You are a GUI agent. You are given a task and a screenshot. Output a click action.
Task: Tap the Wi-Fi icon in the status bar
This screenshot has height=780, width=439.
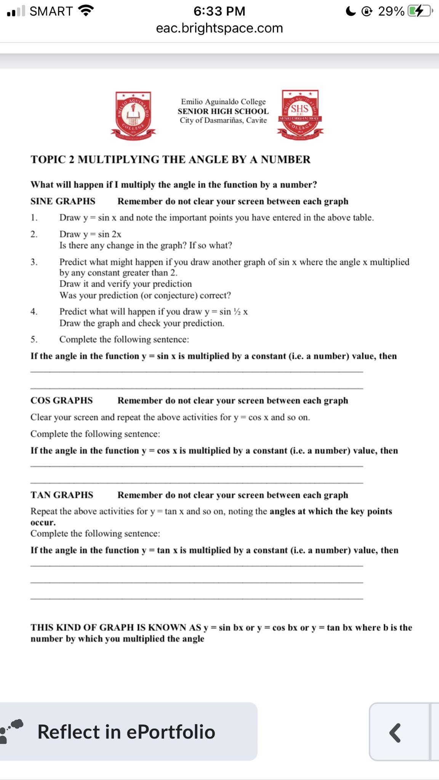point(86,11)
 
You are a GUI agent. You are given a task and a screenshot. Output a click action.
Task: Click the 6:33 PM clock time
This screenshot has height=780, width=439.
point(219,11)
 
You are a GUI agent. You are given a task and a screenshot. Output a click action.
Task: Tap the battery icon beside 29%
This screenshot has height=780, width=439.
point(420,11)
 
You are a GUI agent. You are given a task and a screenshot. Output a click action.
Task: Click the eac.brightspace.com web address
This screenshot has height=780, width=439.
point(219,28)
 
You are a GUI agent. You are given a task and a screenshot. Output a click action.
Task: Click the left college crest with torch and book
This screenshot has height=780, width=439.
point(133,113)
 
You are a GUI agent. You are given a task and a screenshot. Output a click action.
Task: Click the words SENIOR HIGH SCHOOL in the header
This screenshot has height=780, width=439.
point(223,111)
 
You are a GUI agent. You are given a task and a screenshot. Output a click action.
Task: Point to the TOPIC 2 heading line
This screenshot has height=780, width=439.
point(170,159)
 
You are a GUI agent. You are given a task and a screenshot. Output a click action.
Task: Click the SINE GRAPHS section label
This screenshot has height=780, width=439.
point(63,201)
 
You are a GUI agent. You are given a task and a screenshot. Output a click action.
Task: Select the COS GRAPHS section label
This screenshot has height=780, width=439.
point(61,400)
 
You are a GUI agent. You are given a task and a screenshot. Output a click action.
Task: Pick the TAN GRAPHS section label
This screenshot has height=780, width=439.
point(62,495)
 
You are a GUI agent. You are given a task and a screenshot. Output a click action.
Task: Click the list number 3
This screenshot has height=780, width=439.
point(34,262)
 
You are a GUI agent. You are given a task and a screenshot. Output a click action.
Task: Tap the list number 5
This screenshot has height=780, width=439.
point(34,339)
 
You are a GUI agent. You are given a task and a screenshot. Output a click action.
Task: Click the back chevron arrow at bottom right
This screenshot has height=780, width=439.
point(395,732)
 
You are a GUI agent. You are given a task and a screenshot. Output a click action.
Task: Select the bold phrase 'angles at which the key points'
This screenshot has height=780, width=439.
point(330,511)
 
